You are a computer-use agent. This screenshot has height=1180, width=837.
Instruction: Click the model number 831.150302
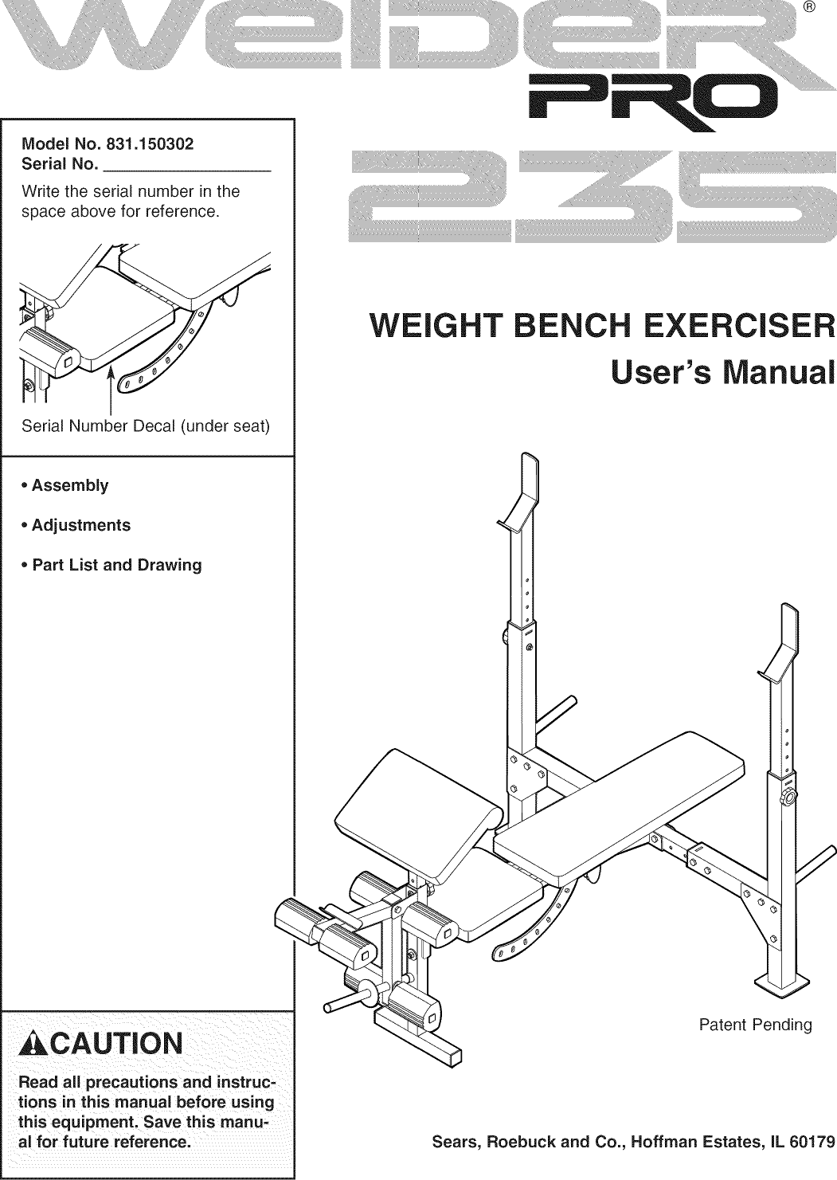pos(151,145)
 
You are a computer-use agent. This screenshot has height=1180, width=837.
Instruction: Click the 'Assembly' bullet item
pos(69,486)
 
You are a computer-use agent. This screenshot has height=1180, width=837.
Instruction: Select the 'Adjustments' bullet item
pos(80,526)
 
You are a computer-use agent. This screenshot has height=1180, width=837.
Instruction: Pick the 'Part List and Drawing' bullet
pos(116,566)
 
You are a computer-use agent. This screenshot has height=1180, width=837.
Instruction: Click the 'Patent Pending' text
pos(754,1025)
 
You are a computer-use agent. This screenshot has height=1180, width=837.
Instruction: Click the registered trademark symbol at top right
pos(808,10)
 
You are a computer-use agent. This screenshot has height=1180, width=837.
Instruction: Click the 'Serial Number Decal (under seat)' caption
pos(147,427)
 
